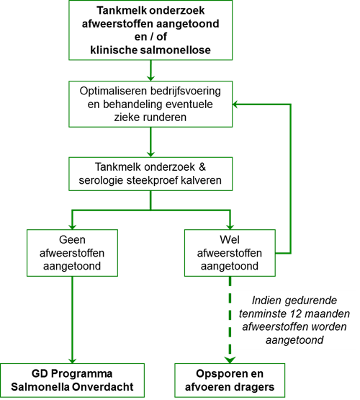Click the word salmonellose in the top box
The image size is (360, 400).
175,50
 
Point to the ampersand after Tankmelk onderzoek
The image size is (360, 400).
202,167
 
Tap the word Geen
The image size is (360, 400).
72,240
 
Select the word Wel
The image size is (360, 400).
230,240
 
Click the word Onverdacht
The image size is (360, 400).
102,387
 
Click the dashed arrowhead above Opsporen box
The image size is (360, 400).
230,360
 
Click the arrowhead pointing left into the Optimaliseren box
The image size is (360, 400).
235,104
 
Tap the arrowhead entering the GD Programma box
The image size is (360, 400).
72,360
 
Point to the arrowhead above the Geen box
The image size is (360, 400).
72,226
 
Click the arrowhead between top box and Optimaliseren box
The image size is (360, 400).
150,78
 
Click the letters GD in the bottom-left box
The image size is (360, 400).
40,374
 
